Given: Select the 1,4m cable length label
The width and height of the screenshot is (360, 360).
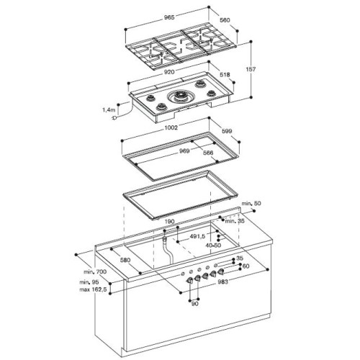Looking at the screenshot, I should pyautogui.click(x=108, y=109).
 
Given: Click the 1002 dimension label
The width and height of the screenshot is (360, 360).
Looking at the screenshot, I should pyautogui.click(x=171, y=128).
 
